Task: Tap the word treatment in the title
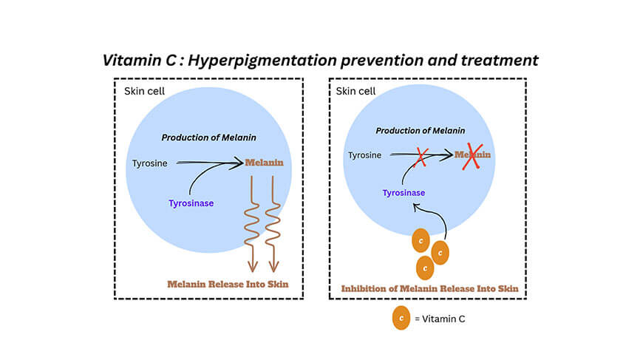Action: pos(500,60)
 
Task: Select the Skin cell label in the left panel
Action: pos(145,91)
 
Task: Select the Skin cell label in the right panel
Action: pos(355,91)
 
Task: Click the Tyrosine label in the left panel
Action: pos(150,163)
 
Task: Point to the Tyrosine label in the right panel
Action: pos(365,155)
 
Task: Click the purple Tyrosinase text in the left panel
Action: pos(191,203)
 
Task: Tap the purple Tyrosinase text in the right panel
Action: pos(404,193)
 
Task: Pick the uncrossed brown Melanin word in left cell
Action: pos(264,163)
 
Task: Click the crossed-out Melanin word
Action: pos(473,154)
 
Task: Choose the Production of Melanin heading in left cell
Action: pos(209,137)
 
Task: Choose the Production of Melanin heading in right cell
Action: pos(421,131)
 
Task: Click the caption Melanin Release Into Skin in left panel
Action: pos(228,284)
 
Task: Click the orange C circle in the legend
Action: pos(401,318)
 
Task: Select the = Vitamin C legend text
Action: pos(440,319)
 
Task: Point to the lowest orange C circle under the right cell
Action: pos(425,268)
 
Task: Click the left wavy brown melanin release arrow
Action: pos(252,224)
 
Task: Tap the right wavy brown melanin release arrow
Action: pos(273,224)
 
